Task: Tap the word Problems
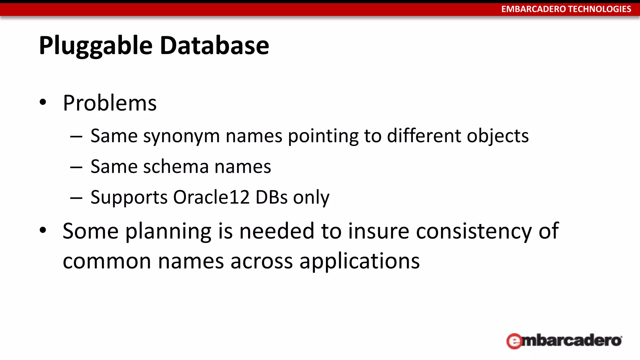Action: click(x=110, y=103)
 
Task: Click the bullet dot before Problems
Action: click(x=43, y=102)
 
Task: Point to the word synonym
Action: click(x=182, y=136)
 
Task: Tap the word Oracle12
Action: click(x=212, y=197)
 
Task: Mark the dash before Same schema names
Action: click(x=76, y=167)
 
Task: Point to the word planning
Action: click(x=168, y=232)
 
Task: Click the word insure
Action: click(x=378, y=231)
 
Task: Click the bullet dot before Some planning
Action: click(x=43, y=230)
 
